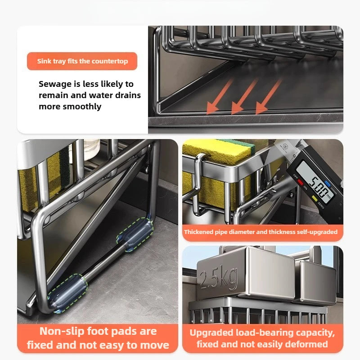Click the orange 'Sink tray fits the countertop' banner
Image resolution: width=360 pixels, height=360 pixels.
[x=82, y=61]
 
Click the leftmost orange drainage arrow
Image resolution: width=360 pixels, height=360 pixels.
[x=220, y=96]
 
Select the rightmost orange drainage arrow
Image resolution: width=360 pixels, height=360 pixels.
[x=269, y=96]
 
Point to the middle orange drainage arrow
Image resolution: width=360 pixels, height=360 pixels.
[x=244, y=96]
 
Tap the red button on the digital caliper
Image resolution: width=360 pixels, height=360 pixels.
[x=301, y=183]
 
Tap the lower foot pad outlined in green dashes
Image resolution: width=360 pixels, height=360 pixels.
[x=67, y=293]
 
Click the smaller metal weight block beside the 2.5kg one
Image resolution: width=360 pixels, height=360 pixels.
[x=316, y=283]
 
